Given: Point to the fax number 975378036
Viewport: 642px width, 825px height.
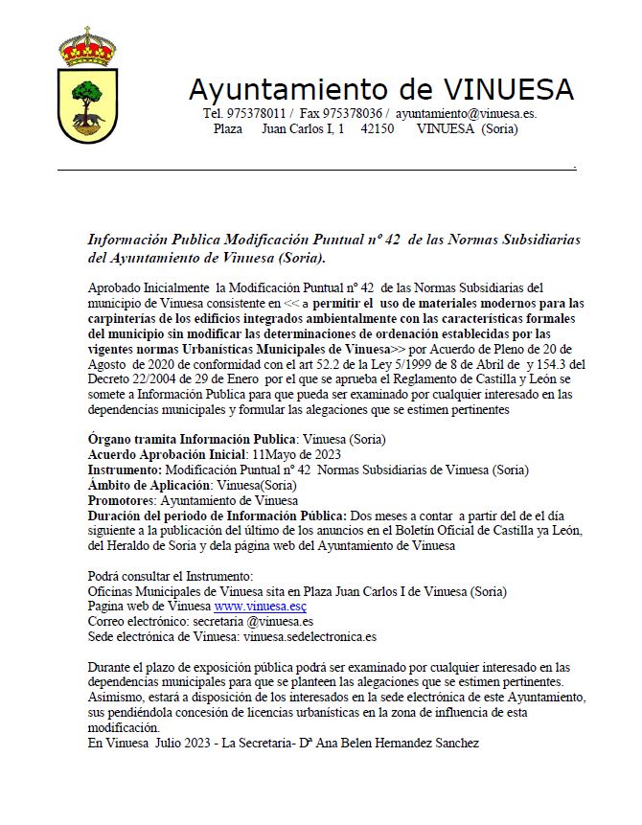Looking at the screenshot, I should tap(349, 113).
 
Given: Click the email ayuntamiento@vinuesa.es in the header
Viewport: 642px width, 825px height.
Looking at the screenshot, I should tap(466, 113).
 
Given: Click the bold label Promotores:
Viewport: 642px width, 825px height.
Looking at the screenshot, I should tap(123, 500).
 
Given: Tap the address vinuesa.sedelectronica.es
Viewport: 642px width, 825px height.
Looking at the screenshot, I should tap(310, 635).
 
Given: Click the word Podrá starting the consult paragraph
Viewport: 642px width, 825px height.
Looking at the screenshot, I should tap(104, 576).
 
